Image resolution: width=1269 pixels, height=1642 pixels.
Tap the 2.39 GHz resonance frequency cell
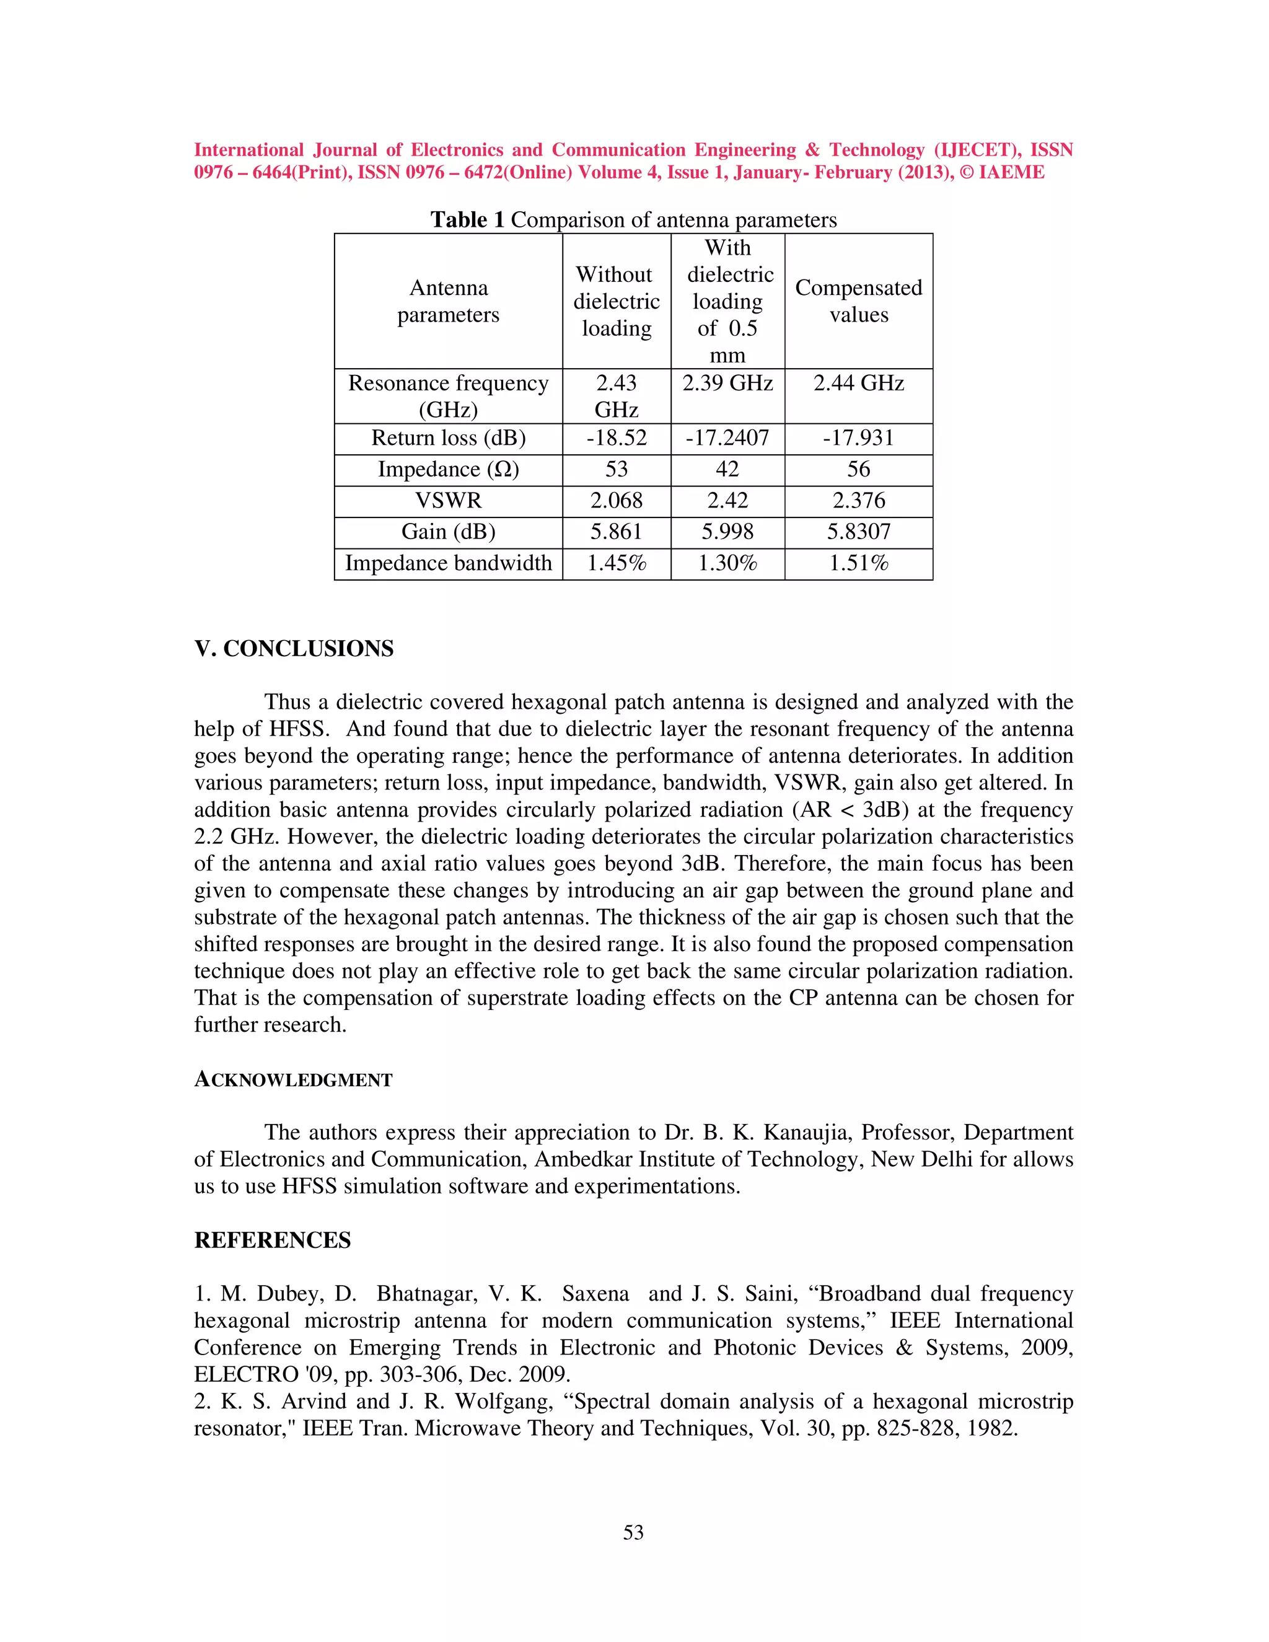click(727, 384)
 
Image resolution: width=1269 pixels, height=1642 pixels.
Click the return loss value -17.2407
click(727, 438)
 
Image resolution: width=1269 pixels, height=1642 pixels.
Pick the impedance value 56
click(859, 470)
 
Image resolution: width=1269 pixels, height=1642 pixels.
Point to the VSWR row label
click(448, 501)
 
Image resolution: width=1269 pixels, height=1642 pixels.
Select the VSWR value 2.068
click(617, 501)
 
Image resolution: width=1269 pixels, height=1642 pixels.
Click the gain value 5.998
click(727, 532)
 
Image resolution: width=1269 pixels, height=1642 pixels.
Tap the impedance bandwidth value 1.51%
click(859, 563)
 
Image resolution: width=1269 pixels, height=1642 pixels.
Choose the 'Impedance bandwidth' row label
click(448, 563)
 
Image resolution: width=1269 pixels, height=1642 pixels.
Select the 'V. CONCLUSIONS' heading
click(294, 649)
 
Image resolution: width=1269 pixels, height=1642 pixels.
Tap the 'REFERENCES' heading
click(272, 1240)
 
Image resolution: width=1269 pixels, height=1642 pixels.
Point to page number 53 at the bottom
click(633, 1532)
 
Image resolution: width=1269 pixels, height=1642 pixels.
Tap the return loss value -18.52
click(617, 438)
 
